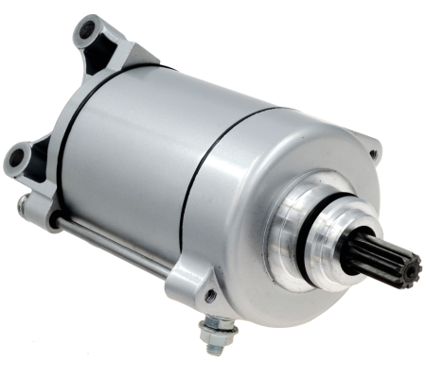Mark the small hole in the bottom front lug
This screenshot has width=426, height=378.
[x=210, y=295]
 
